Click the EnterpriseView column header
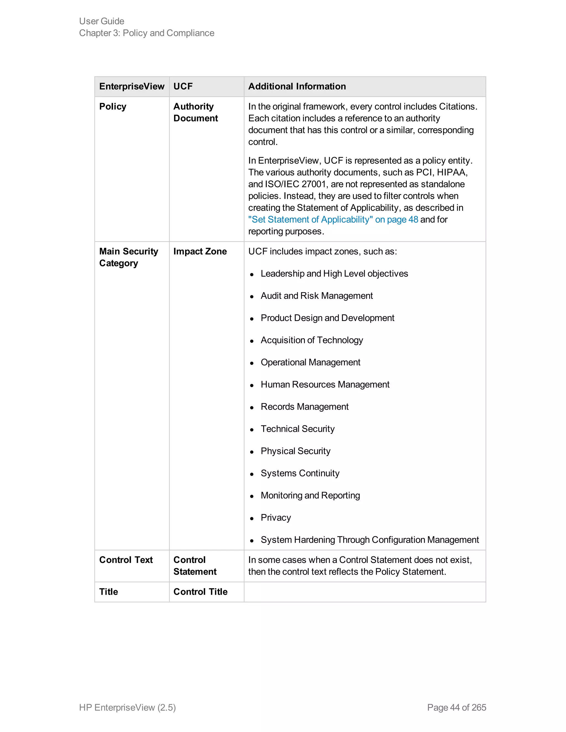coord(132,86)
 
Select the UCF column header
coord(183,86)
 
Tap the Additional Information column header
coord(297,86)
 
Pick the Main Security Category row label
coord(129,257)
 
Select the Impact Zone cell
coord(200,251)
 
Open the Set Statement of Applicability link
coord(333,220)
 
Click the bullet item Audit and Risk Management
coord(316,296)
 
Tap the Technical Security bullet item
coord(297,429)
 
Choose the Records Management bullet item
coord(305,407)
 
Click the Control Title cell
coord(200,592)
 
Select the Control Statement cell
coord(195,566)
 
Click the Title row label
coord(109,592)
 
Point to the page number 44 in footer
coord(454,707)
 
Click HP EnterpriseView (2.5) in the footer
coord(127,707)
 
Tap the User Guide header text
coord(102,21)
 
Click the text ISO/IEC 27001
coord(295,184)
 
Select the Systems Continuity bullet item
coord(300,473)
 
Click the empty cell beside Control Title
coord(365,592)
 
